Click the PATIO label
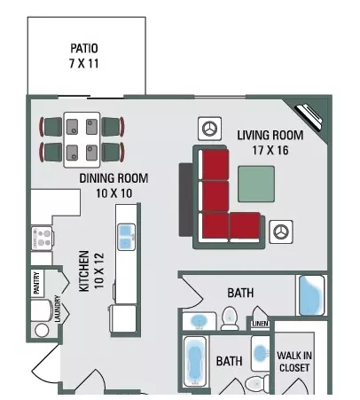[x=84, y=48]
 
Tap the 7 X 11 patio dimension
[x=84, y=63]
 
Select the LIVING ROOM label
[x=270, y=135]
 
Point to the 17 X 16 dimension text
[x=270, y=150]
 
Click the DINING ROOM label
[x=113, y=178]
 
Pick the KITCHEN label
[x=84, y=271]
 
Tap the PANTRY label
[x=36, y=283]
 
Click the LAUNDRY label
[x=58, y=309]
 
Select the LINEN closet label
[x=260, y=324]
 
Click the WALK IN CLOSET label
[x=294, y=361]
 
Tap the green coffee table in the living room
[x=256, y=184]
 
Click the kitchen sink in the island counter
[x=127, y=237]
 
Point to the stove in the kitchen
[x=43, y=239]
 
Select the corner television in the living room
[x=309, y=117]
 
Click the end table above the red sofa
[x=209, y=129]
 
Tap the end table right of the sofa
[x=281, y=231]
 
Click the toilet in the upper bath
[x=230, y=318]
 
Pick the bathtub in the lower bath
[x=195, y=362]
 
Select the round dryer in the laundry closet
[x=42, y=330]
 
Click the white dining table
[x=82, y=140]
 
